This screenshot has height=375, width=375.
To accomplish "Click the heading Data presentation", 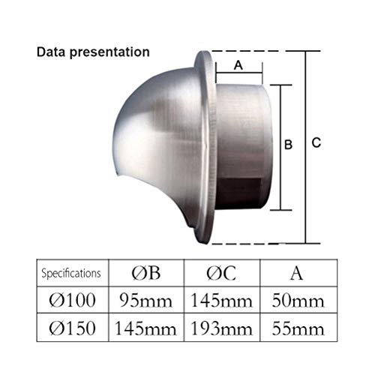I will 94,53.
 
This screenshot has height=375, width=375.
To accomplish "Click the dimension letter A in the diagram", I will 238,65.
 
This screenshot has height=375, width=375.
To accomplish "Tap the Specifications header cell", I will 70,272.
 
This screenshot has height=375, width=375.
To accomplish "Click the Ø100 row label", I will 71,300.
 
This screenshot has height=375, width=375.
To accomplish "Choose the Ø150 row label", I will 71,326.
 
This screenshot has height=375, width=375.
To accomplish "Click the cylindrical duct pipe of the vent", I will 240,150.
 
